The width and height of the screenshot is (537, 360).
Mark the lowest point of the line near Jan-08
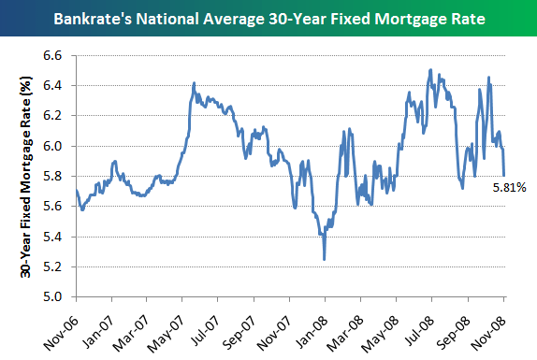tap(324, 259)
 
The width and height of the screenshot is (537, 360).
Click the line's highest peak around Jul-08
tap(429, 70)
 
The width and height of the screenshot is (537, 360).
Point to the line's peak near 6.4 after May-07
tap(194, 83)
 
